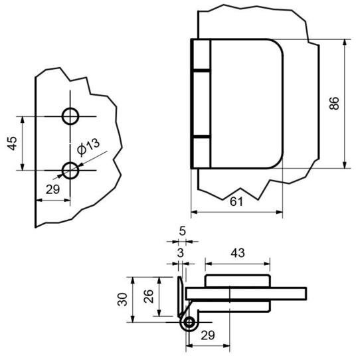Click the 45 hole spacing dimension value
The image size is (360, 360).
coord(12,143)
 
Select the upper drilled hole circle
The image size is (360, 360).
coord(70,116)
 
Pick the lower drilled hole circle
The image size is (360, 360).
coord(70,170)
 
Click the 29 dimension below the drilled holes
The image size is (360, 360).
coord(52,189)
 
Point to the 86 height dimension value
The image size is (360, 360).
coord(334,104)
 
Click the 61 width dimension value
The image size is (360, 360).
coord(236,202)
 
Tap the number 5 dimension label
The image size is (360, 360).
coord(182,231)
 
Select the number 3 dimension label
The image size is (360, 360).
coord(181,253)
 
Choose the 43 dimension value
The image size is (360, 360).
coord(238,253)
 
